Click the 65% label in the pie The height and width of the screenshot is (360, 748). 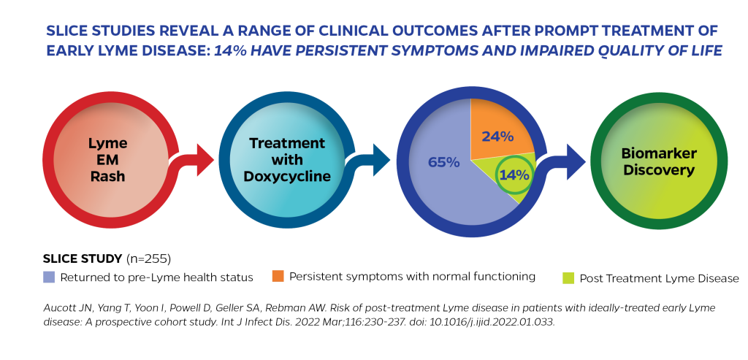point(443,163)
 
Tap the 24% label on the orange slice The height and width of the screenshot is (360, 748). point(497,137)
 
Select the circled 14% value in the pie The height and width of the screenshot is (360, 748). point(514,175)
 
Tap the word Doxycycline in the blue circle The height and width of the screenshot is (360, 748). point(287,176)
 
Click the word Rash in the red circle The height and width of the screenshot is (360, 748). point(108,176)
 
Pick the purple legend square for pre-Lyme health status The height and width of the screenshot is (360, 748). point(49,277)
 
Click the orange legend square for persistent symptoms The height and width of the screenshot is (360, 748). point(278,276)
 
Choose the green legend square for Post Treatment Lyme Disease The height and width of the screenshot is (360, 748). point(568,278)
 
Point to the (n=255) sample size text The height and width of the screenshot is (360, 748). point(148,259)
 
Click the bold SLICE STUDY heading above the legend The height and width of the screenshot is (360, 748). point(83,259)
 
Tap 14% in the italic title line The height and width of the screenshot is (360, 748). point(230,51)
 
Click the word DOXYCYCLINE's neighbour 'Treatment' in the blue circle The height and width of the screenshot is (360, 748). point(287,143)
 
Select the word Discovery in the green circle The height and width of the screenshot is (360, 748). point(659,170)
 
